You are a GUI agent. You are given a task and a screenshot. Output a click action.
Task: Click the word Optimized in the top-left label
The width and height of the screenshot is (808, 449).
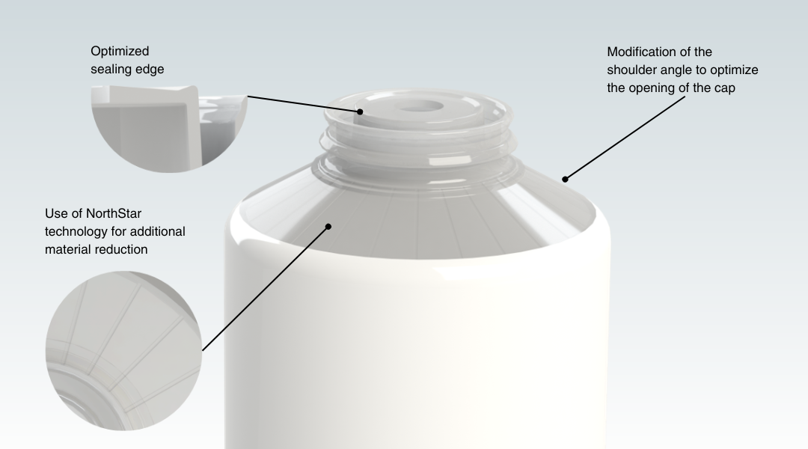pyautogui.click(x=120, y=52)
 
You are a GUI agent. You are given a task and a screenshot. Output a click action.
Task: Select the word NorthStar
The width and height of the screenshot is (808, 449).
pyautogui.click(x=114, y=213)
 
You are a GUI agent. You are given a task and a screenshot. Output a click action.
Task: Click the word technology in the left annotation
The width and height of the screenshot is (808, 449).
pyautogui.click(x=76, y=232)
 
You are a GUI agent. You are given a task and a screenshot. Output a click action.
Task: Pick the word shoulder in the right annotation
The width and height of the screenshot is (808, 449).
pyautogui.click(x=631, y=70)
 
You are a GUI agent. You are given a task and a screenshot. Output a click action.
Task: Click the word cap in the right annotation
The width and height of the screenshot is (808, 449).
pyautogui.click(x=725, y=88)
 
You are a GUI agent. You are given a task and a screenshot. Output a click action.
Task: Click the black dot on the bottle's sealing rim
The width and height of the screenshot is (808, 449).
pyautogui.click(x=360, y=112)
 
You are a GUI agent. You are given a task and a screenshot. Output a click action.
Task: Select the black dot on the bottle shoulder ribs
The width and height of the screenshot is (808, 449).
pyautogui.click(x=328, y=226)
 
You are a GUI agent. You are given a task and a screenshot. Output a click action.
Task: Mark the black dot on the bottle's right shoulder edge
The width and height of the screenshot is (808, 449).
pyautogui.click(x=565, y=180)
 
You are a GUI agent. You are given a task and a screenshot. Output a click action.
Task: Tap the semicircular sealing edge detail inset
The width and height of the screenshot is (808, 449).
pyautogui.click(x=169, y=129)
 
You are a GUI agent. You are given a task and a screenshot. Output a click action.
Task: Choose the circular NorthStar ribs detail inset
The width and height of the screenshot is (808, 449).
pyautogui.click(x=123, y=350)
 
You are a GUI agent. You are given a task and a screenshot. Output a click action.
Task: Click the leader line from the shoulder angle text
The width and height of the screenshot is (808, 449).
pyautogui.click(x=625, y=138)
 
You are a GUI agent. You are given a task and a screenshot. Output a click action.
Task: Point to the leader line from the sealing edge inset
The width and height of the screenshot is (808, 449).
pyautogui.click(x=304, y=103)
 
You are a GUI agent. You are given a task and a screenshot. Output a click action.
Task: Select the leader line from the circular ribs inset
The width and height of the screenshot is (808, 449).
pyautogui.click(x=266, y=289)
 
